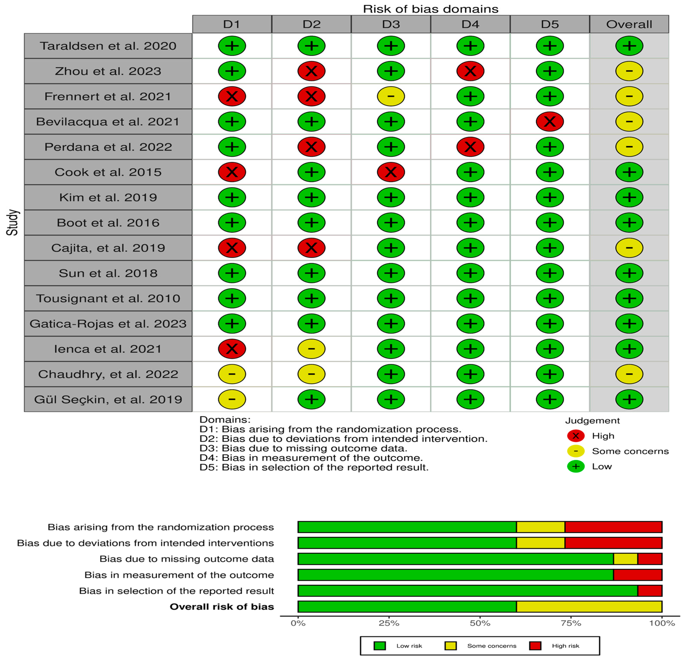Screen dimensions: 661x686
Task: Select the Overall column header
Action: pos(629,24)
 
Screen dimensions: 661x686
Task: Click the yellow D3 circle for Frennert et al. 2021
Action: pos(391,96)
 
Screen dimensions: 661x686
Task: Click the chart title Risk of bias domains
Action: pos(430,9)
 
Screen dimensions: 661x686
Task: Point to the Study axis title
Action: pos(13,222)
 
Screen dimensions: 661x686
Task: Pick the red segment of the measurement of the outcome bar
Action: pos(637,575)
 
